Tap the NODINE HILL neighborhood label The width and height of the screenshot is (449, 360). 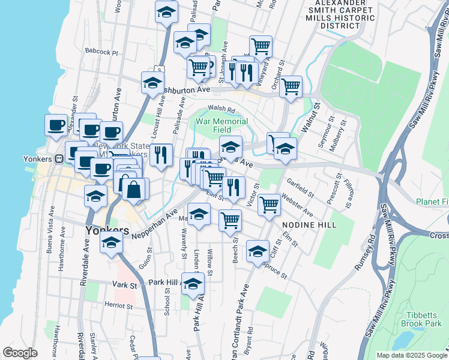point(309,224)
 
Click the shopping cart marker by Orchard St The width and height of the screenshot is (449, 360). point(291,86)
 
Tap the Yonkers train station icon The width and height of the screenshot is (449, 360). point(59,159)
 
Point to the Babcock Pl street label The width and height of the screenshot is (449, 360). point(101,52)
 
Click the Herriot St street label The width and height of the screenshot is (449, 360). point(118,306)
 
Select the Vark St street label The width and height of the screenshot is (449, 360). point(125,284)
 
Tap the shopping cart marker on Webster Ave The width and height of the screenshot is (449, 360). point(270,205)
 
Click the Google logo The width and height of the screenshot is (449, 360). point(20,353)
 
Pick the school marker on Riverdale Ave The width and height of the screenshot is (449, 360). point(110,243)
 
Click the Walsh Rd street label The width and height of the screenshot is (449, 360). point(220,109)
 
